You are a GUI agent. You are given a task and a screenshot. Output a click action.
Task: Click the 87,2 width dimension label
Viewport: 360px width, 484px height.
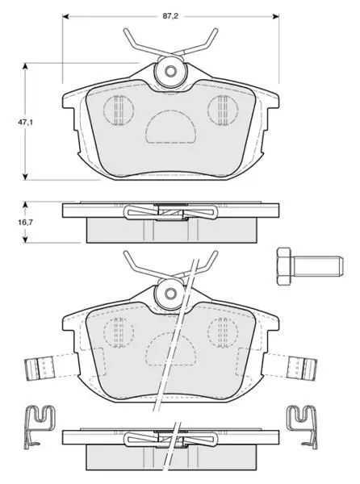(x=170, y=16)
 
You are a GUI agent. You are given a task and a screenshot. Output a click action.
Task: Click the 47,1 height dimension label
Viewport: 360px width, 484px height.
(x=25, y=123)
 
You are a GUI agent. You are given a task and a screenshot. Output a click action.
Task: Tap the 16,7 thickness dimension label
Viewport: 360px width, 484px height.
(x=25, y=222)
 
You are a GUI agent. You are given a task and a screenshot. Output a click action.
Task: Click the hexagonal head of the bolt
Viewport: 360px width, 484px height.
(x=284, y=266)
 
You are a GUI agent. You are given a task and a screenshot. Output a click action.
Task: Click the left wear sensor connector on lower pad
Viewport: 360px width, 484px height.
(x=40, y=369)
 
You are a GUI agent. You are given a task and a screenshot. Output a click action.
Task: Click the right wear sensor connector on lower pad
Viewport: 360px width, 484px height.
(x=302, y=369)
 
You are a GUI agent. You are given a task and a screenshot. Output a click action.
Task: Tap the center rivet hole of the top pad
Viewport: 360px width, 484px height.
(x=170, y=72)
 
